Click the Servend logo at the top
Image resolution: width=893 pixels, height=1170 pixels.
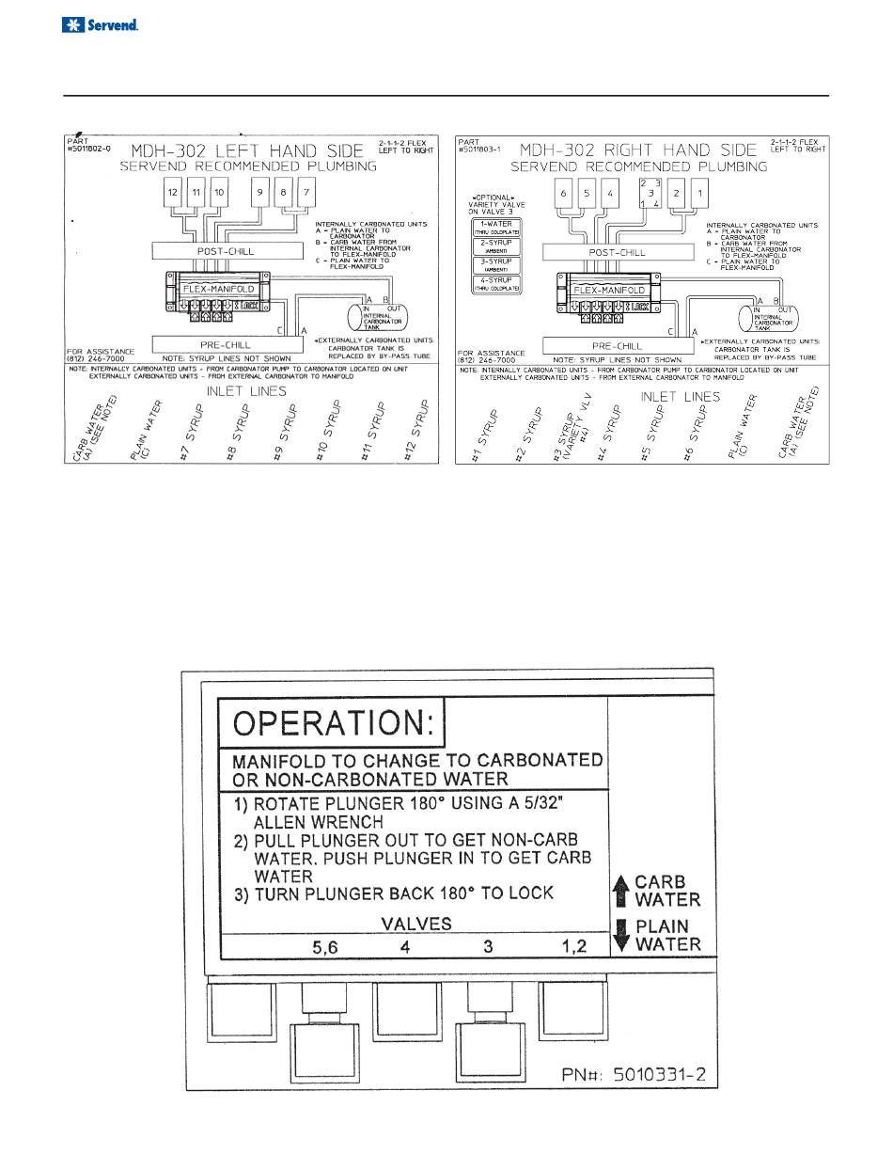[100, 25]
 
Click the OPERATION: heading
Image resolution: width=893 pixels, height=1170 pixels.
[332, 724]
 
